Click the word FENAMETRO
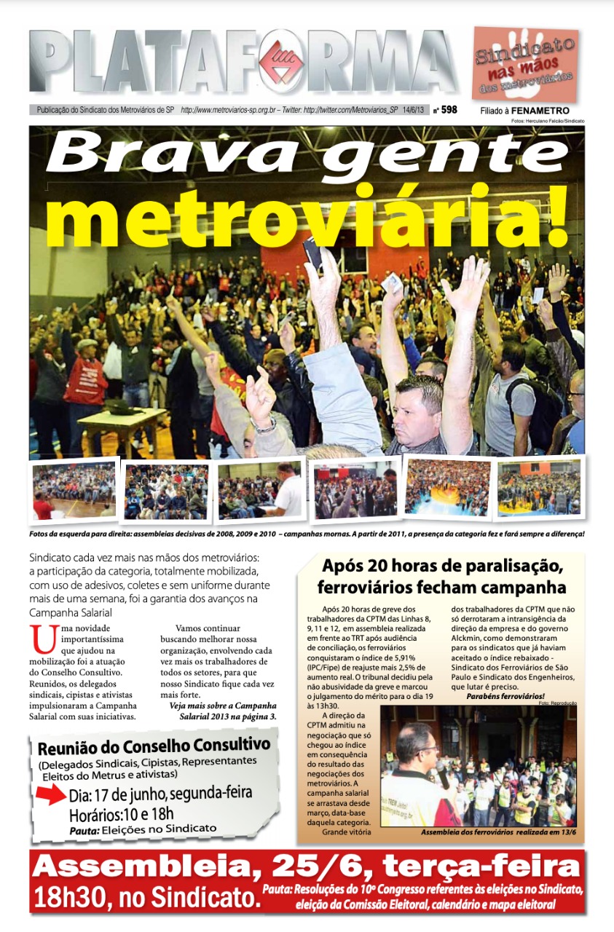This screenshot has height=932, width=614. pos(540,111)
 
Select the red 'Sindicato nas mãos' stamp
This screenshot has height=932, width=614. pos(524,64)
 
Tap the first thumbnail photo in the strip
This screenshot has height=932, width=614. pos(74,490)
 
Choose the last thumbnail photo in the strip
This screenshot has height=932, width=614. pos(539,486)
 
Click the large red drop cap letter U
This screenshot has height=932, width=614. pos(44,641)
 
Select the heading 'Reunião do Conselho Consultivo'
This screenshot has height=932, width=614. pos(154,746)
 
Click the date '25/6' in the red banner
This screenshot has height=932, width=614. pos(318,867)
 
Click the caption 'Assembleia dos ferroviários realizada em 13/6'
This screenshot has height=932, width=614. pos(498,832)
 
